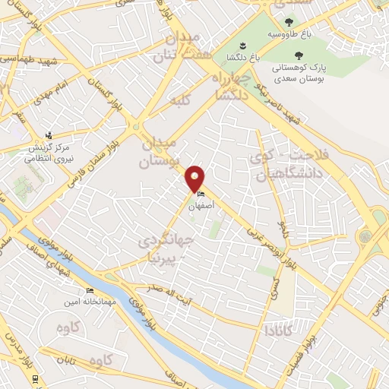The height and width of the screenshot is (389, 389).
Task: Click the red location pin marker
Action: coord(195,179)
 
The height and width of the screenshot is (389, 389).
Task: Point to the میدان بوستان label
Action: coord(159,152)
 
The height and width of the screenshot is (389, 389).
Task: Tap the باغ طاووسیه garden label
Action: coord(287,35)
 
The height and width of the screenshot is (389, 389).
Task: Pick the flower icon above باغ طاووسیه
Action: coord(287,23)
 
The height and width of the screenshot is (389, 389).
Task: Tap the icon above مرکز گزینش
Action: coord(49,134)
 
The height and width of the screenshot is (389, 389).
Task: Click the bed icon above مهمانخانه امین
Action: coord(90,290)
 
